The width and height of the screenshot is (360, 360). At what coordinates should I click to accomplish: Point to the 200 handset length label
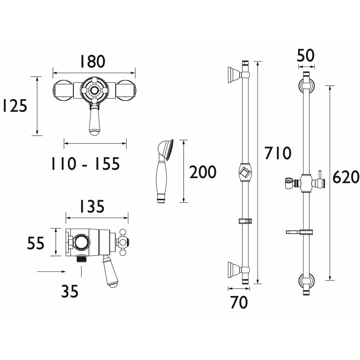tap(203, 172)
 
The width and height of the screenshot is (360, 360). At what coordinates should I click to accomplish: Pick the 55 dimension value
tap(36, 243)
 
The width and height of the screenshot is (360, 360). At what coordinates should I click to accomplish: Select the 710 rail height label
tap(278, 153)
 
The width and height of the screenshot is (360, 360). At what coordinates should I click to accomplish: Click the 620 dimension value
tap(346, 177)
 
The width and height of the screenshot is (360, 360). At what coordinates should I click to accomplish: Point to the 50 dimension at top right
tap(306, 55)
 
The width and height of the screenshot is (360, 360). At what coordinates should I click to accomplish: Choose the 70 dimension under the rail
tap(239, 302)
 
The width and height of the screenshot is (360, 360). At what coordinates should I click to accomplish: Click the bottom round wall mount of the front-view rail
tap(306, 281)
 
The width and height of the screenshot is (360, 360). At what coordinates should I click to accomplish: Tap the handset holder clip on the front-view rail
tap(289, 183)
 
